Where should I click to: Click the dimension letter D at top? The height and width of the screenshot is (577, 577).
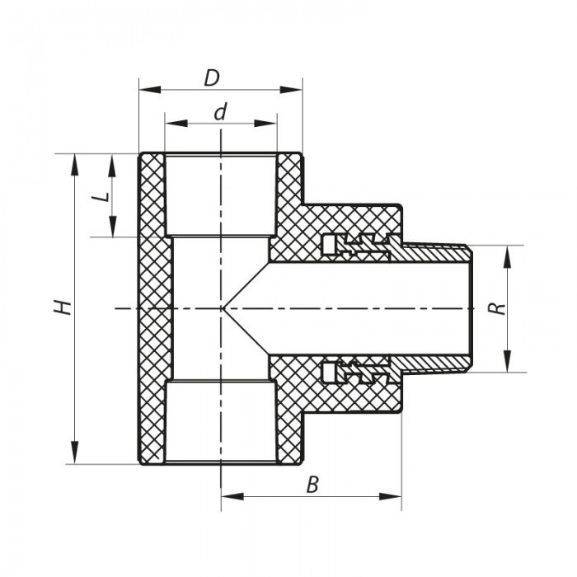[212, 78]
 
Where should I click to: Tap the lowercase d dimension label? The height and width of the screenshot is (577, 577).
[219, 113]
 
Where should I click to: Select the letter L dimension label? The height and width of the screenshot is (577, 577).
[99, 200]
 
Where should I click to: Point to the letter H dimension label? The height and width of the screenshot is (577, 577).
[61, 307]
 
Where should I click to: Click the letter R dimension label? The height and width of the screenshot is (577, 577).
[495, 308]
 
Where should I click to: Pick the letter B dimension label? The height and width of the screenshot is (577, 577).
[312, 485]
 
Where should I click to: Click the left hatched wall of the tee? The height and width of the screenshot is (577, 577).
[153, 307]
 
